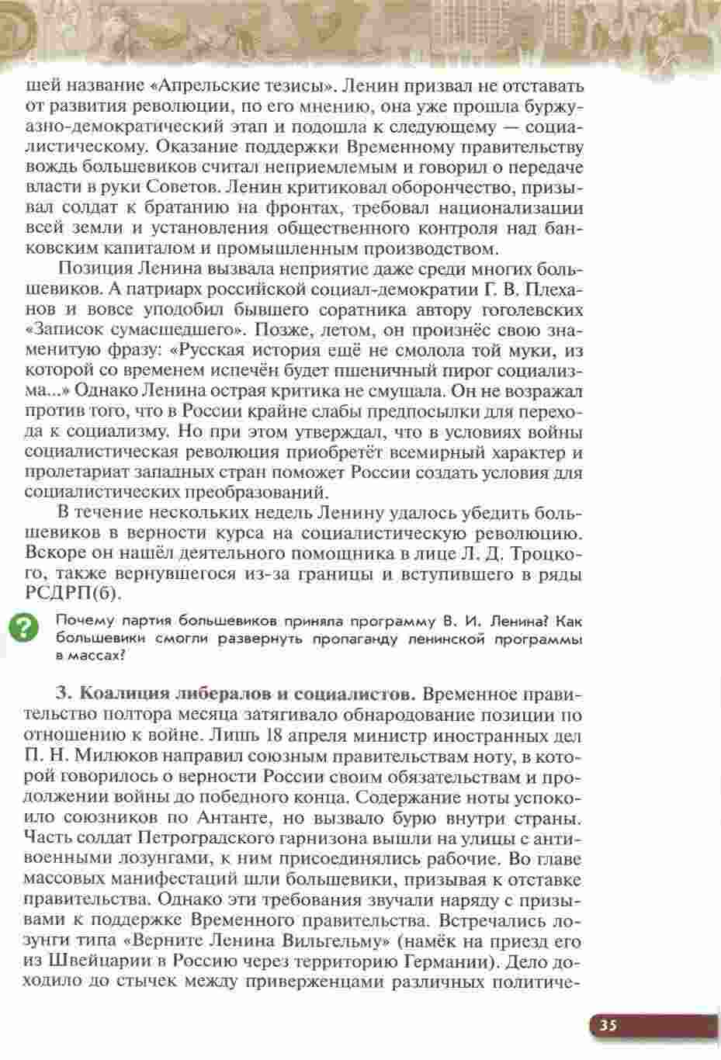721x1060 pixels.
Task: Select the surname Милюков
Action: click(140, 755)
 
